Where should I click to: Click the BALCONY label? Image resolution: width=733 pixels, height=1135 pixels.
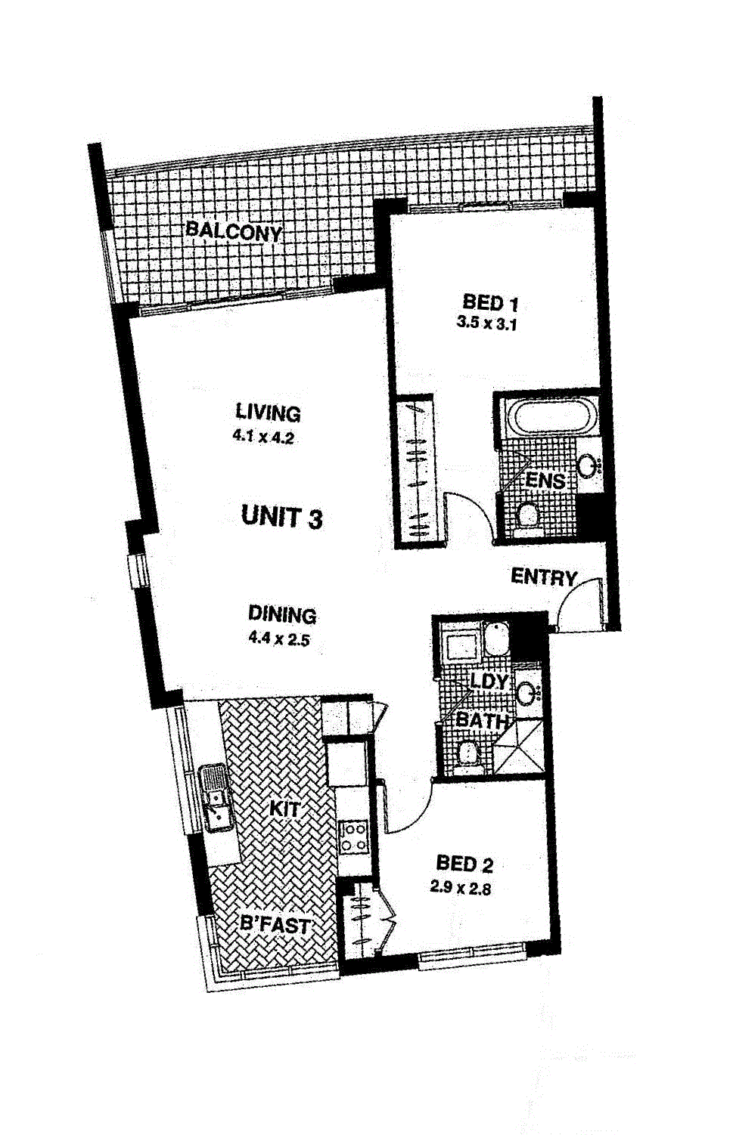click(x=233, y=231)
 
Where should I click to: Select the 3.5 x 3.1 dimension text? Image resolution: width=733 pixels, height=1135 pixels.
click(x=486, y=323)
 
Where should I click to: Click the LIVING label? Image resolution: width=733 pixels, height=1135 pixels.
click(x=269, y=413)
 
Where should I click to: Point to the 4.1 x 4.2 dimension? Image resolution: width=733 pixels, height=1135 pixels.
click(x=263, y=437)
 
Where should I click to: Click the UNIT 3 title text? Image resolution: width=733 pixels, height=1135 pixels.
click(x=282, y=518)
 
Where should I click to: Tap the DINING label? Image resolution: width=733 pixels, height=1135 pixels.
click(x=282, y=614)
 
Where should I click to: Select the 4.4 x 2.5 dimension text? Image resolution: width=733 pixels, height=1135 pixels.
click(x=278, y=639)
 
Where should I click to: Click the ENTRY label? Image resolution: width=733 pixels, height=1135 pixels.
click(x=544, y=577)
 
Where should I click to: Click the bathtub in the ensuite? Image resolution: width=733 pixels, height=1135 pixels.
click(x=553, y=417)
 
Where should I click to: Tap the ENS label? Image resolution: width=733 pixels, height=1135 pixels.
click(x=545, y=480)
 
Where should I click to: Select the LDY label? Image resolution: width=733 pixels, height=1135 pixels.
click(x=489, y=681)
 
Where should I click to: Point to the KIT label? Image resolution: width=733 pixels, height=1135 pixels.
click(x=284, y=809)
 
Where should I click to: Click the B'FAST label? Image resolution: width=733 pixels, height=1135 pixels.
click(x=275, y=926)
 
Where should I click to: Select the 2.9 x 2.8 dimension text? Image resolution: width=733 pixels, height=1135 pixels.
click(x=460, y=889)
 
